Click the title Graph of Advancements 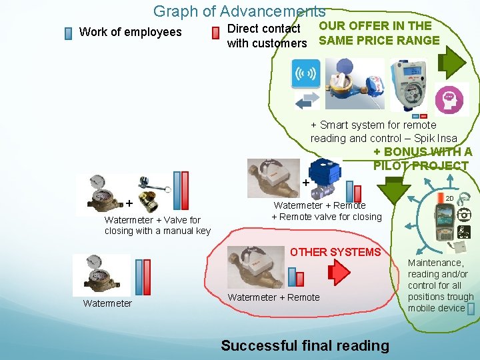point(239,11)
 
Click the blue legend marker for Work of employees point(68,33)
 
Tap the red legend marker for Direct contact point(215,33)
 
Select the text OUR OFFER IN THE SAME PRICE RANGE point(379,33)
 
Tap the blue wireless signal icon point(306,74)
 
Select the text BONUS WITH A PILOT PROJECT point(421,159)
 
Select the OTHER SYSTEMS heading point(335,252)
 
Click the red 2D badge point(449,198)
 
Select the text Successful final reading point(305,345)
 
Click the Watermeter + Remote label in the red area point(273,297)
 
